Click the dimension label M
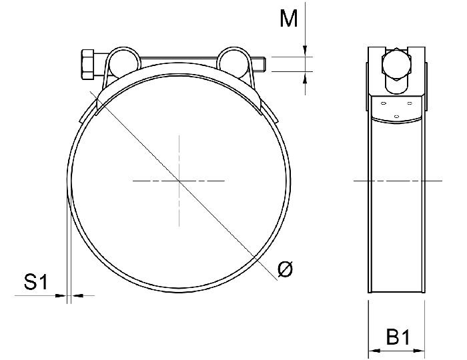click(x=288, y=19)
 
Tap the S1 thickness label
click(x=35, y=283)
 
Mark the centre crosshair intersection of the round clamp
click(x=179, y=181)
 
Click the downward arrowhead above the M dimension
click(x=305, y=51)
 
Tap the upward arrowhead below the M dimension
click(x=305, y=77)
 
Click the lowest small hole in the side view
click(x=396, y=117)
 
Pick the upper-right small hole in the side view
click(x=409, y=104)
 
